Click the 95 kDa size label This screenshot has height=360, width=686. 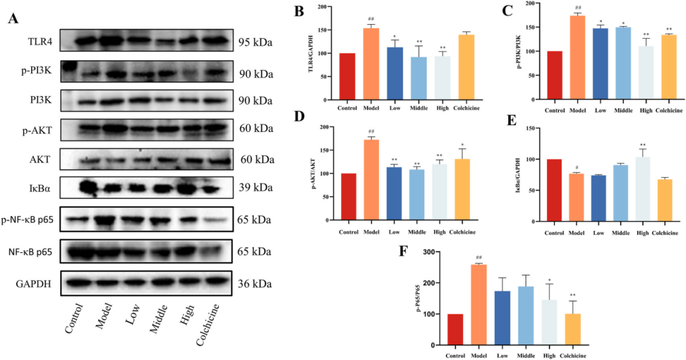[255, 43]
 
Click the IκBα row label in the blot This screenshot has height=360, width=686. [39, 189]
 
